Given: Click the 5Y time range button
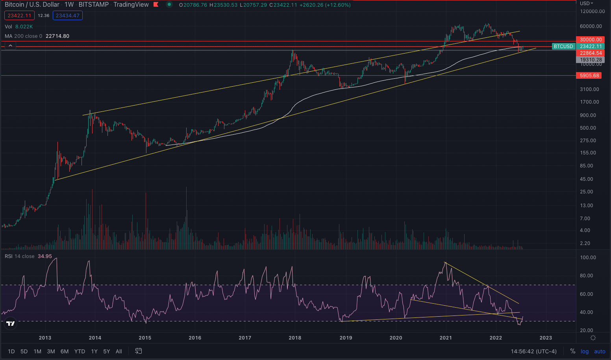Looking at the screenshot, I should pos(106,351).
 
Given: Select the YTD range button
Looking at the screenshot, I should pos(80,351).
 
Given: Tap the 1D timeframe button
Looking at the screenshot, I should pos(11,351).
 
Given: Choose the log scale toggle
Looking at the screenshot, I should pos(585,351).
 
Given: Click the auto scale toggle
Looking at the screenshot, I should pos(600,351).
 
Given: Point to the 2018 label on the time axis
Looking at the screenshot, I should pos(295,338).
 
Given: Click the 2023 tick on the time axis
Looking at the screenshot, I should pos(546,338).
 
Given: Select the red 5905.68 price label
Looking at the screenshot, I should pos(589,75).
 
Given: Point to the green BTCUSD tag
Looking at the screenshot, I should pos(563,46).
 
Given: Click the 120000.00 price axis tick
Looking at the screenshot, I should pos(592,11).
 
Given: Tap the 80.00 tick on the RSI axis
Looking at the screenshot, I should pos(587,276).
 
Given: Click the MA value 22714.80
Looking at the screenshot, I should pos(57,36).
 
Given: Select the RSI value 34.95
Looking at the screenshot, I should pos(45,256).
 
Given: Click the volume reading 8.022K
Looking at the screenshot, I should pos(24,26).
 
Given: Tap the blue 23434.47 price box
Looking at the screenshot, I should pos(68,16).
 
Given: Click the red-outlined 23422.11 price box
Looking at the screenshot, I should pos(19,16).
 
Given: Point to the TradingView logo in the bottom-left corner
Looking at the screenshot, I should pos(11,323).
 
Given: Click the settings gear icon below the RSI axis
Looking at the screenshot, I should pos(593,338).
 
